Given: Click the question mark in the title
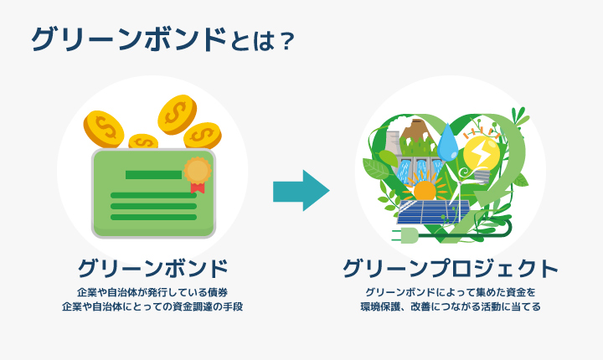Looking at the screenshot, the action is (x=287, y=41).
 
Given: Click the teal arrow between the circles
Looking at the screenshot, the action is (x=301, y=190).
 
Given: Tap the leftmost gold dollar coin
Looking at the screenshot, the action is (x=104, y=129).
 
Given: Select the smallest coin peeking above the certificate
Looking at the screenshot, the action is (x=143, y=141).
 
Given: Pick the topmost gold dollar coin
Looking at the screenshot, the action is (x=177, y=115).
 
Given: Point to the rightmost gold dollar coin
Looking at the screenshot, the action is (x=203, y=136).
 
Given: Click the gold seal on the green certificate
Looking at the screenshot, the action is (x=198, y=171).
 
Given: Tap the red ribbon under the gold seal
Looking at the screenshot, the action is (x=198, y=188).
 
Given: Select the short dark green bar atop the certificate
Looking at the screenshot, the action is (x=153, y=175).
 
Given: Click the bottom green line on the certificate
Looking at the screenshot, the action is (x=153, y=218).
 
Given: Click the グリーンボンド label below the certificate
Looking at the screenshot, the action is (x=153, y=268).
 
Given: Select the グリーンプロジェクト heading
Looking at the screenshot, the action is (x=451, y=269).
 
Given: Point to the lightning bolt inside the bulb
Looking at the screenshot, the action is (x=480, y=154).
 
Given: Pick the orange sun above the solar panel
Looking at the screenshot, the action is (x=425, y=189).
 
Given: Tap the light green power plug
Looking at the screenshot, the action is (x=405, y=235).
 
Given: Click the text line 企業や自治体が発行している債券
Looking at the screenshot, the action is (x=152, y=293).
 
